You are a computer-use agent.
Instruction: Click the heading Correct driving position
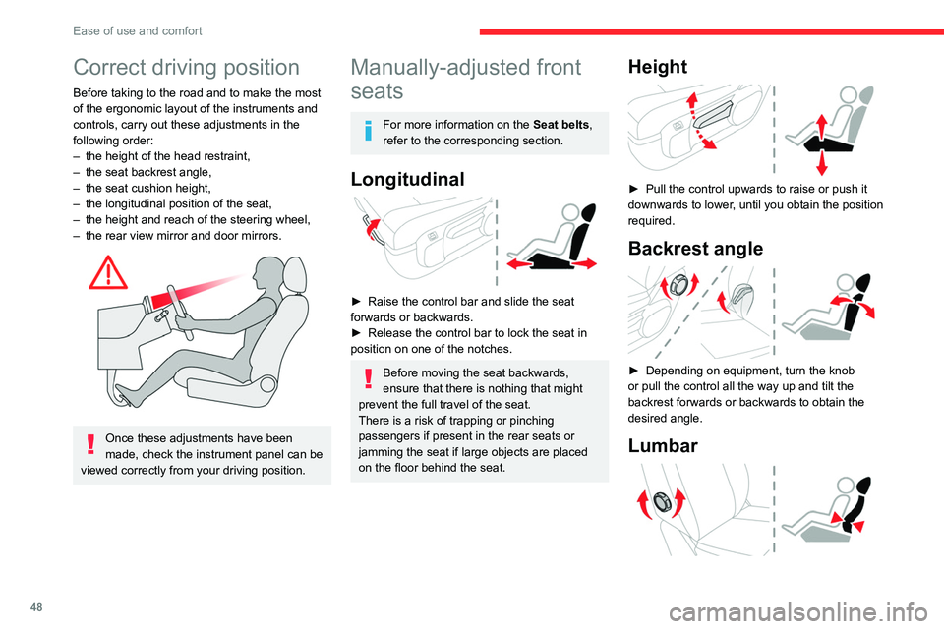(186, 68)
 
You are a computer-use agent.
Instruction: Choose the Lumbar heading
(664, 445)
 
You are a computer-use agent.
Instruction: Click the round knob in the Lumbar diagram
(663, 502)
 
